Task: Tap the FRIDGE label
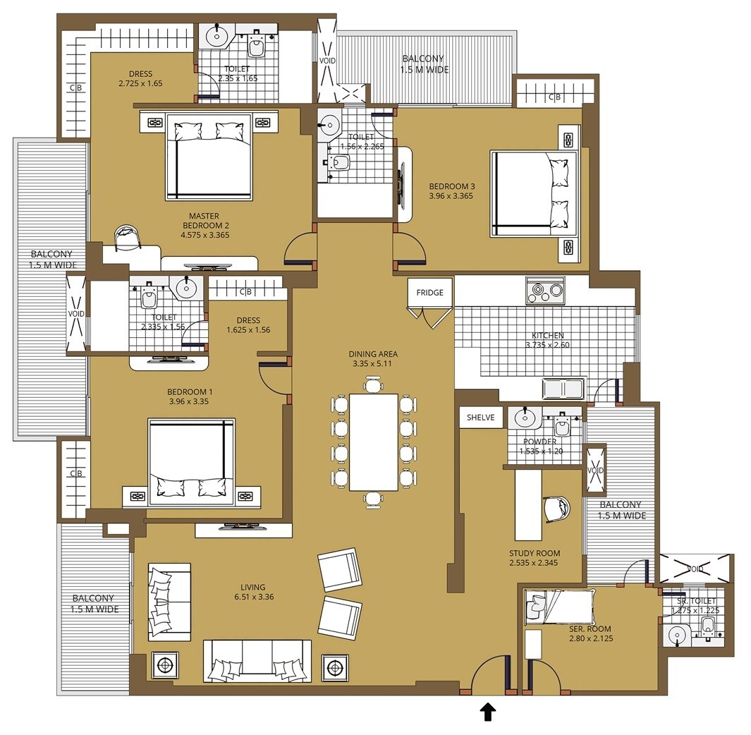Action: (x=429, y=292)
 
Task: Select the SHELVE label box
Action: (x=480, y=418)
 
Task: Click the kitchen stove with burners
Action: (x=544, y=290)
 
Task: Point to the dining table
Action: (x=374, y=442)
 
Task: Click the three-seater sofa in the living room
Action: (x=257, y=660)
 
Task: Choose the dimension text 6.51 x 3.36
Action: (x=252, y=597)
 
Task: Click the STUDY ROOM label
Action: (x=535, y=553)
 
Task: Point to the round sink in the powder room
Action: (x=524, y=418)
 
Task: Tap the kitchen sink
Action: (x=562, y=389)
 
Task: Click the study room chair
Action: (x=556, y=507)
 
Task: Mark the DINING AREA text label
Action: (x=373, y=354)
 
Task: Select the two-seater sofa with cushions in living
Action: (x=169, y=602)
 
